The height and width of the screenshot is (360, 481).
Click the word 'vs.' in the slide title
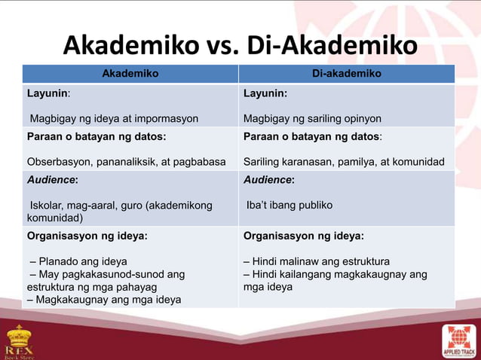pos(253,46)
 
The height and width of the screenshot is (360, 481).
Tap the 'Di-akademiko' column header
pos(347,73)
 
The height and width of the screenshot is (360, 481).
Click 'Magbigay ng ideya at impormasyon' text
pos(114,118)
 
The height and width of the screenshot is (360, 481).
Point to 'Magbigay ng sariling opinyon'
pos(312,118)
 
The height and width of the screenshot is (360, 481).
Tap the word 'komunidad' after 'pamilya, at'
pos(418,161)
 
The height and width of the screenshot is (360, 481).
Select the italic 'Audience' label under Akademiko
pos(51,181)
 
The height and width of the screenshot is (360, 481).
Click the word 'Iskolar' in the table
pos(47,205)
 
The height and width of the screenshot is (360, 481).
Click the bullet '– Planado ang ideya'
pos(78,261)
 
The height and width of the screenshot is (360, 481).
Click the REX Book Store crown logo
pos(20,340)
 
